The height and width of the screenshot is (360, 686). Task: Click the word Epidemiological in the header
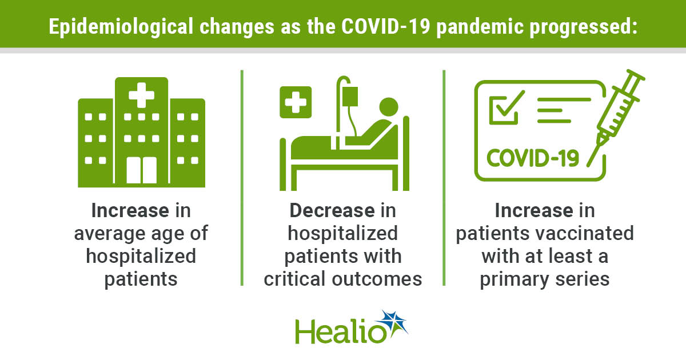pyautogui.click(x=121, y=27)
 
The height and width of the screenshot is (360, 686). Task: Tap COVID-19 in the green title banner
pyautogui.click(x=386, y=26)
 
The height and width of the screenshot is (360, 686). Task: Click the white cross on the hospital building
pyautogui.click(x=142, y=95)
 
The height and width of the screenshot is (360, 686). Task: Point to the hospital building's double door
pyautogui.click(x=142, y=170)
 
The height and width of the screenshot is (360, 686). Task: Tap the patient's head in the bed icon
pyautogui.click(x=389, y=107)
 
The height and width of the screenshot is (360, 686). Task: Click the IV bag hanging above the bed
pyautogui.click(x=350, y=97)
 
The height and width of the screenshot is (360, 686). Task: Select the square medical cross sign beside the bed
pyautogui.click(x=296, y=102)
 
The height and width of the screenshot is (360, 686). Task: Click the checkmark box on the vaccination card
pyautogui.click(x=505, y=109)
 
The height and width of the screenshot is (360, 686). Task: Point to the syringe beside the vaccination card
pyautogui.click(x=616, y=118)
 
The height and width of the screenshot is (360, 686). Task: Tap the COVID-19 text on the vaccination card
pyautogui.click(x=533, y=158)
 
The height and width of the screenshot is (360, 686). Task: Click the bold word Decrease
pyautogui.click(x=332, y=211)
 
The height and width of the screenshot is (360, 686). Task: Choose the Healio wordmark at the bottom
pyautogui.click(x=341, y=331)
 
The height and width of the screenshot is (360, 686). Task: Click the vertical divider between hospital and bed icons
pyautogui.click(x=242, y=178)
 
